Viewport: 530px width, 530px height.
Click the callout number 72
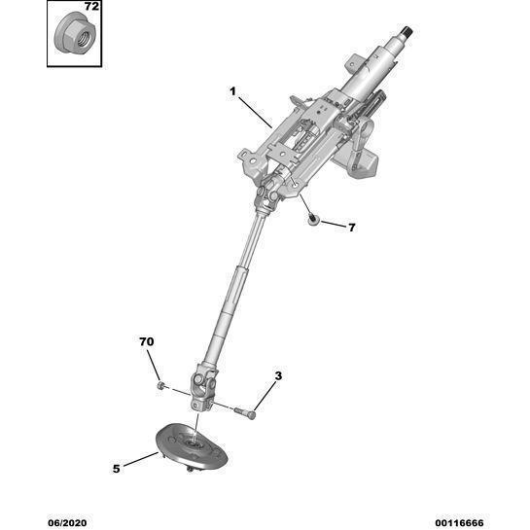[91, 7]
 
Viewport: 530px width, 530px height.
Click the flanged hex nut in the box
[75, 33]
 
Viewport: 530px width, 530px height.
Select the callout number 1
[232, 91]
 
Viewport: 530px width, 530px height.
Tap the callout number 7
[352, 228]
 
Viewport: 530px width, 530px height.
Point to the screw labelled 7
[313, 220]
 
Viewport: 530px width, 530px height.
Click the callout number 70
[147, 341]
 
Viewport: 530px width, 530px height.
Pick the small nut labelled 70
[160, 385]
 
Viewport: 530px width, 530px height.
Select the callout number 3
[278, 376]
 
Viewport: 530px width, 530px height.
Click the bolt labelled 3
[245, 412]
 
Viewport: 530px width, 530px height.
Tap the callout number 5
[117, 469]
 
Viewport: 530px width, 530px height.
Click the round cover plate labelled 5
[192, 446]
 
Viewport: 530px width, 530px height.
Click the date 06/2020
[67, 523]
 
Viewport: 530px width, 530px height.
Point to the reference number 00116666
[459, 523]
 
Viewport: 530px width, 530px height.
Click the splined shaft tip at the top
[406, 33]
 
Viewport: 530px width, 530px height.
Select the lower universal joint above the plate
[203, 388]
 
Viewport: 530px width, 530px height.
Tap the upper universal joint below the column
[268, 196]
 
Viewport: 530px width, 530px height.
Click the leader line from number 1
[255, 113]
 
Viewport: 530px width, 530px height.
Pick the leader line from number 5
[141, 459]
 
